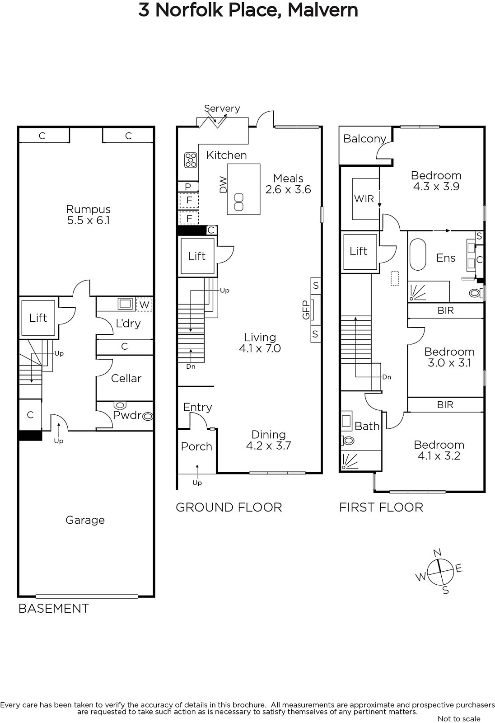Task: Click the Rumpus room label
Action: coord(89,209)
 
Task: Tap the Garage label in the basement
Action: coord(85,520)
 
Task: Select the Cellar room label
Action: coord(126,378)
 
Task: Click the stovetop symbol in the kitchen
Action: coord(191,160)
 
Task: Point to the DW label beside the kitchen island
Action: coord(223,185)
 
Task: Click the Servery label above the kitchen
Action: coord(222,108)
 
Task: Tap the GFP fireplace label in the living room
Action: coord(306,310)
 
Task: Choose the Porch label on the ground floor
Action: coord(196,446)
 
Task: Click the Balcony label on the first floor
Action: coord(364,139)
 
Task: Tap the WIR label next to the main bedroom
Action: coord(364,199)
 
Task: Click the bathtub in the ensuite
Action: coord(418,255)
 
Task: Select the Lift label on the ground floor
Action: coord(197,256)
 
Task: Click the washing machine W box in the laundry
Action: coord(144,305)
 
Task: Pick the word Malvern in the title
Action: coord(322,10)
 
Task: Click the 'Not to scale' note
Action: coord(459,718)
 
